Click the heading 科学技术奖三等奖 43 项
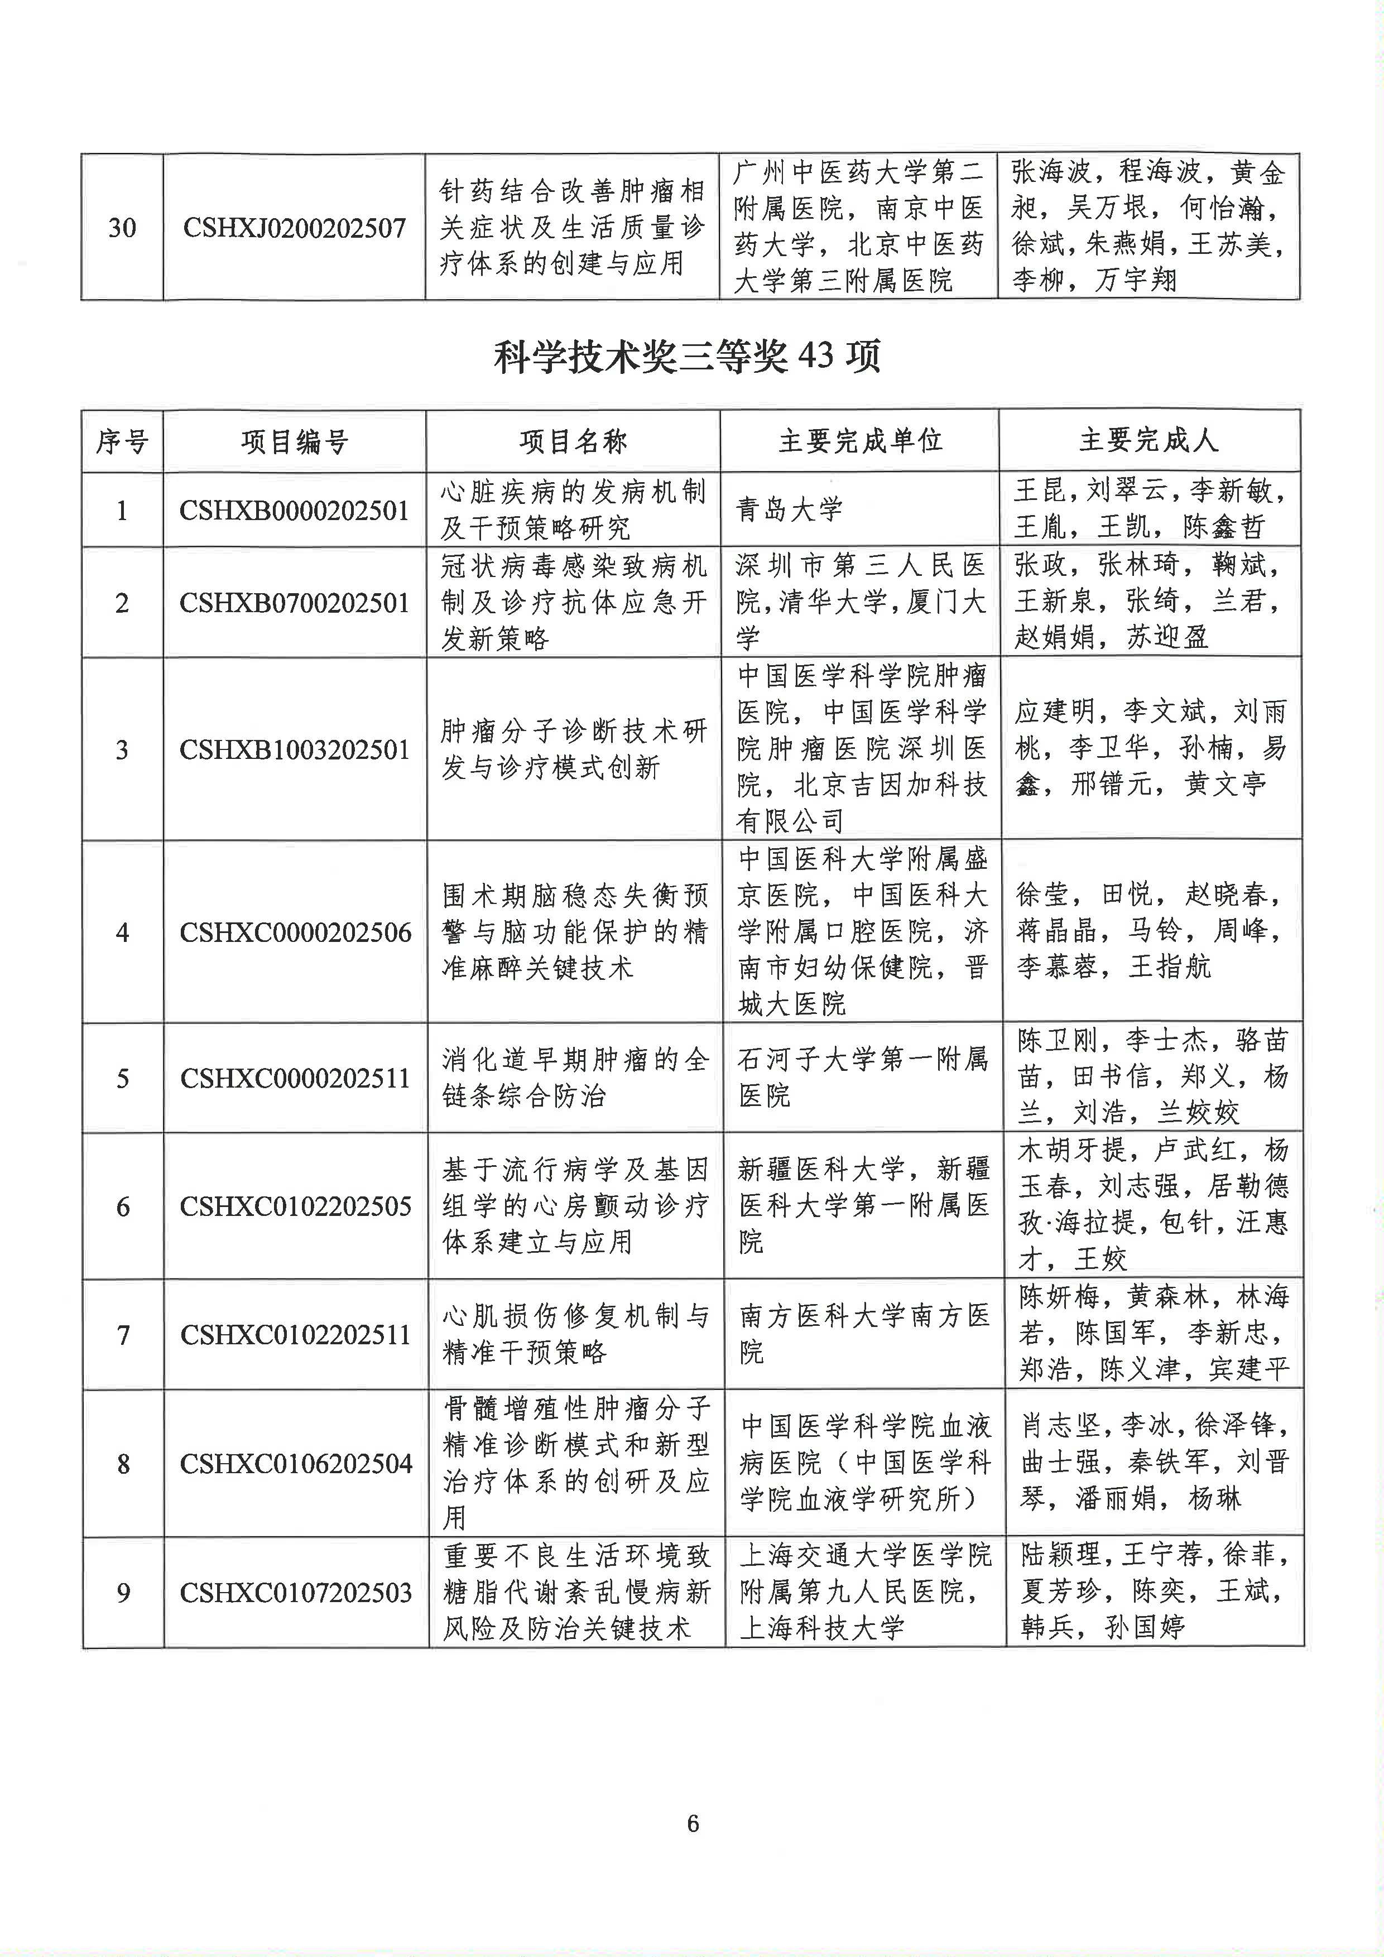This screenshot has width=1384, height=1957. (687, 356)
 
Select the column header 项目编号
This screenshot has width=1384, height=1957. (294, 441)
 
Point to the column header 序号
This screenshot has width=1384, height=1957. (122, 441)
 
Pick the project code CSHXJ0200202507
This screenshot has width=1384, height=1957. (294, 228)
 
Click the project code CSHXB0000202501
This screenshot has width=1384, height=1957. (294, 511)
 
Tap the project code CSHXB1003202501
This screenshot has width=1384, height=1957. (294, 750)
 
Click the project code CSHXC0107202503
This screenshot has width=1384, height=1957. (296, 1592)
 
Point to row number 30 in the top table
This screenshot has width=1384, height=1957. (122, 228)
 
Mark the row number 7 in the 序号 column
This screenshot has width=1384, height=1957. (123, 1335)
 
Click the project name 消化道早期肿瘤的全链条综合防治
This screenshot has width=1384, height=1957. (574, 1078)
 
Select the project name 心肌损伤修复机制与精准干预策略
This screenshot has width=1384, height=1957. (574, 1334)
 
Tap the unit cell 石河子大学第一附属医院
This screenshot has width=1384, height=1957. (862, 1078)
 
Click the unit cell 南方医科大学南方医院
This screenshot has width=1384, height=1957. (863, 1334)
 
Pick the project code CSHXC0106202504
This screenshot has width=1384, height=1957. (296, 1464)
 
